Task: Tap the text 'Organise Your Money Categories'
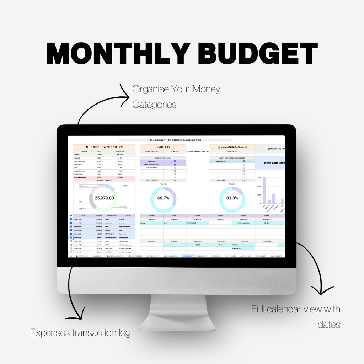click(x=176, y=96)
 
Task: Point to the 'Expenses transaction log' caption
click(x=80, y=333)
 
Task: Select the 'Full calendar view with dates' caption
click(x=296, y=316)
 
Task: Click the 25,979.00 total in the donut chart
click(x=104, y=198)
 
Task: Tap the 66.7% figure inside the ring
click(x=163, y=198)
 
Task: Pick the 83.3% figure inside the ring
click(x=232, y=198)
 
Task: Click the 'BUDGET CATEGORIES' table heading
click(x=104, y=147)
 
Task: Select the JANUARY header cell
click(x=163, y=147)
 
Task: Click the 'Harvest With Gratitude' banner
click(x=232, y=147)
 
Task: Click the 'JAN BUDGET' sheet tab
click(x=188, y=256)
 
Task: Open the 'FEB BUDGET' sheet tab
click(x=203, y=256)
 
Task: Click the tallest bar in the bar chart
click(x=264, y=190)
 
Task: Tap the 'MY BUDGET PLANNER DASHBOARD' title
click(x=176, y=140)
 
